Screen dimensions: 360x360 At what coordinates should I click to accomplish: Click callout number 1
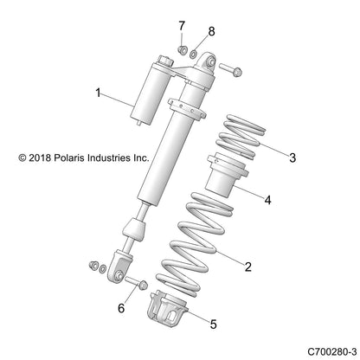99,91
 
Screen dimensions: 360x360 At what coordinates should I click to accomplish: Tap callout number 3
292,157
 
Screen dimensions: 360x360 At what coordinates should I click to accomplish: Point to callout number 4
267,200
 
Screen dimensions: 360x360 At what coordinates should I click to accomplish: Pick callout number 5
215,325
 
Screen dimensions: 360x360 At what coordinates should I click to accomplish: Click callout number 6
121,308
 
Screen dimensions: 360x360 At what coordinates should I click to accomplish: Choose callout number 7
182,24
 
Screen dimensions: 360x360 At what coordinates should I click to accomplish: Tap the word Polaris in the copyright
71,158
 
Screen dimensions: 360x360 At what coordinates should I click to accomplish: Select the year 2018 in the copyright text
41,158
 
